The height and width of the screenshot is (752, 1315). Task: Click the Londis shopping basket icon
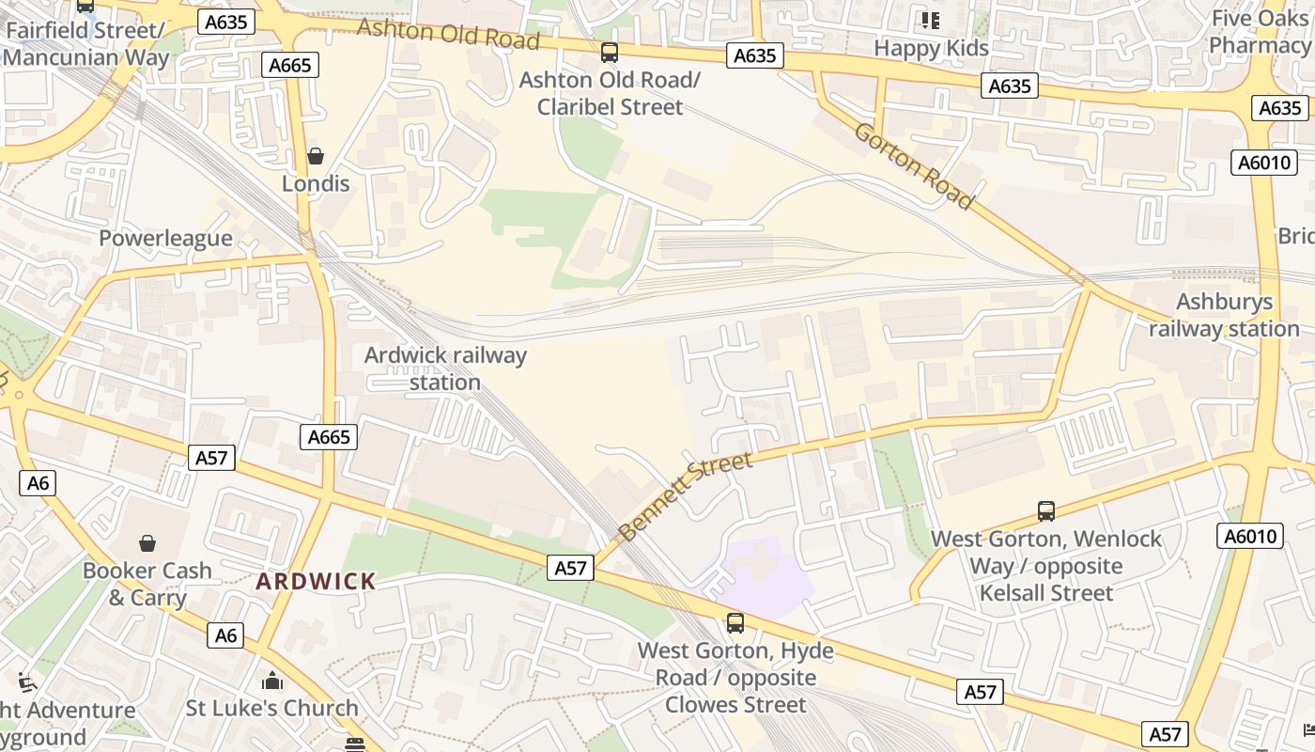(x=316, y=155)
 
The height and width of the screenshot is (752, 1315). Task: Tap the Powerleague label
(x=165, y=238)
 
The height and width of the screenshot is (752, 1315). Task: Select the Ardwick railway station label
(x=445, y=368)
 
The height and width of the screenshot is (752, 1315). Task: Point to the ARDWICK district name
(x=316, y=581)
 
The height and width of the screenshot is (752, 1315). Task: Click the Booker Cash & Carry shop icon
(x=147, y=543)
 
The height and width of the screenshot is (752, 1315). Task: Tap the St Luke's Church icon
(x=272, y=681)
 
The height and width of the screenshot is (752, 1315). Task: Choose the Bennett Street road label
(x=686, y=495)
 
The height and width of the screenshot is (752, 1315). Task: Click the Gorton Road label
(x=913, y=164)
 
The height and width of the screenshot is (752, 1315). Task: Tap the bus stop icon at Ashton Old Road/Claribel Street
(x=610, y=53)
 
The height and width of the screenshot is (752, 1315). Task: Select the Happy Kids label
(x=931, y=48)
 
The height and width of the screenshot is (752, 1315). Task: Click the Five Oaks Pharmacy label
(x=1260, y=32)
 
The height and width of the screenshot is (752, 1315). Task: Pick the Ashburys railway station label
(x=1225, y=315)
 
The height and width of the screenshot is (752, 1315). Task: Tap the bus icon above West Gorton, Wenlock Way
(x=1046, y=511)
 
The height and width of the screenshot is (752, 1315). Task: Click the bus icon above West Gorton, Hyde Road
(x=735, y=622)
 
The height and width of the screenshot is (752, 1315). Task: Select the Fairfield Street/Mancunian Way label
(x=86, y=43)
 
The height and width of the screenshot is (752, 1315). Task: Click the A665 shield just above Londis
(x=290, y=65)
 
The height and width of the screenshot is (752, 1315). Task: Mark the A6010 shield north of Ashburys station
(x=1264, y=163)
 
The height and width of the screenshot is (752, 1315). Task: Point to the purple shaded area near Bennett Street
(x=761, y=575)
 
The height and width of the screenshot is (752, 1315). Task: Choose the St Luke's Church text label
(x=272, y=708)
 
